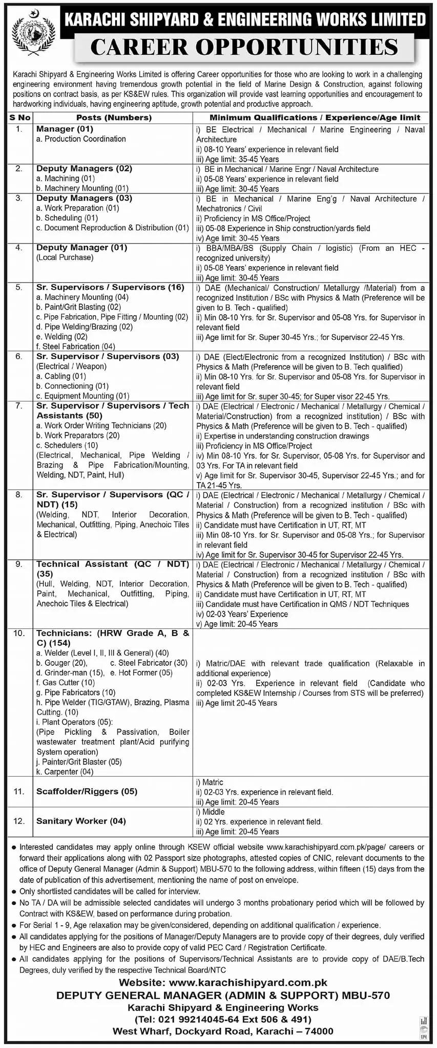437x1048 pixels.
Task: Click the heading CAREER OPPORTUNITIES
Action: pos(244,48)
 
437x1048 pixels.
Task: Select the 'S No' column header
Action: pos(19,118)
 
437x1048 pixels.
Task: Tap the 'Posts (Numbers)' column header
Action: pos(114,118)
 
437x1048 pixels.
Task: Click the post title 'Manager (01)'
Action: pos(65,129)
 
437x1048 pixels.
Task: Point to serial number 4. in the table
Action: pos(19,248)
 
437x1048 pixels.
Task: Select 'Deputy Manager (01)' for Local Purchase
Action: pos(81,248)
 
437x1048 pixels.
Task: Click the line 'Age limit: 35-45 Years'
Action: pos(237,159)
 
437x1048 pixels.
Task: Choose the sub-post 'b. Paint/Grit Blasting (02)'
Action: pos(78,307)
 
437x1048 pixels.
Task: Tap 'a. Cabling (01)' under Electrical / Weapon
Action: pos(61,376)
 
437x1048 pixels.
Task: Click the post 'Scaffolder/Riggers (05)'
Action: pos(87,791)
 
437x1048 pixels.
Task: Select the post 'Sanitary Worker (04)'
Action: pos(81,821)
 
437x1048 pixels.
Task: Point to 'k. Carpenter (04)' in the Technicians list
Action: pos(65,772)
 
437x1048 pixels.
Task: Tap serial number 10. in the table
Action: pos(19,634)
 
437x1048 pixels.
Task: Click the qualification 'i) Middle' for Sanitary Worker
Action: pos(210,812)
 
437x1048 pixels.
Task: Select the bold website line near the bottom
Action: pos(223,982)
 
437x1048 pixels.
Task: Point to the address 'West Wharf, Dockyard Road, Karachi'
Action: pos(223,1031)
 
